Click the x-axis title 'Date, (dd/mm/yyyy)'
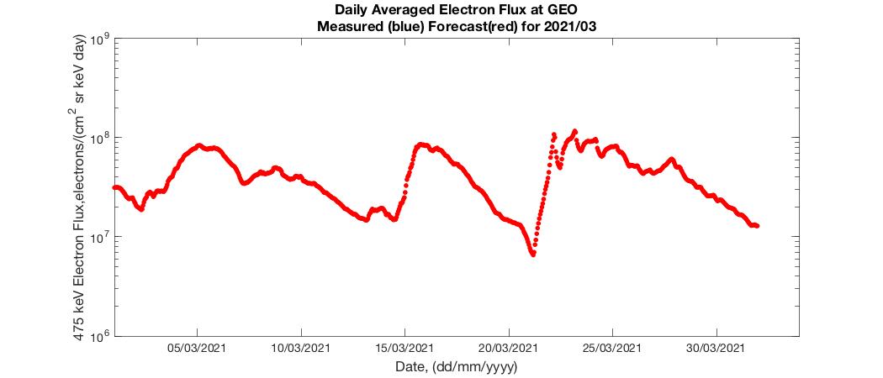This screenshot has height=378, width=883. tap(456, 367)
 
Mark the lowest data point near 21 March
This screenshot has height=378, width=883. tap(533, 254)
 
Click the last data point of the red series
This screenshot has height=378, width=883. tap(757, 226)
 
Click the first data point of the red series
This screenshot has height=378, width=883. tap(114, 187)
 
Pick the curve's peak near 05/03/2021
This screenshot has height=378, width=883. tap(199, 145)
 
